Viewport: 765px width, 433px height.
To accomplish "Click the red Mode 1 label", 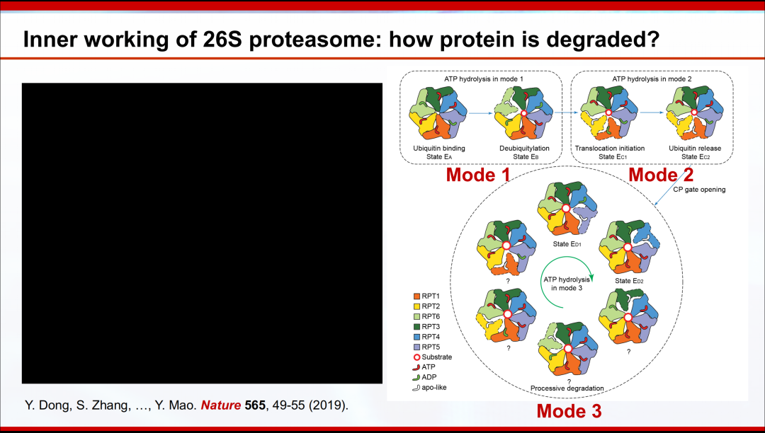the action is [478, 175].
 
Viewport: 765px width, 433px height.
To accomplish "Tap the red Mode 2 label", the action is [661, 175].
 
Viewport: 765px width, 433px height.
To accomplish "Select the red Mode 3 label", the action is [569, 411].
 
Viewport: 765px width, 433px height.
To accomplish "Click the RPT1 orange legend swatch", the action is [416, 296].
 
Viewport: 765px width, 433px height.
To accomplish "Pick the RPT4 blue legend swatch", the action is [416, 337].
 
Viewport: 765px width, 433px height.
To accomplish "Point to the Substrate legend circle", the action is [416, 357].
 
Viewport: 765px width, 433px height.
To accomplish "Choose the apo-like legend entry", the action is [429, 388].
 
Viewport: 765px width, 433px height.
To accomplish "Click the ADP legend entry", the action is [424, 378].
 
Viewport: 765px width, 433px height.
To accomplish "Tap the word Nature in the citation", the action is [221, 405].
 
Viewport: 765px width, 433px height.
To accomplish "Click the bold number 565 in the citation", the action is [255, 405].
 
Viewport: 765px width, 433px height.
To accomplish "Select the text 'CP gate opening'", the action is [699, 190].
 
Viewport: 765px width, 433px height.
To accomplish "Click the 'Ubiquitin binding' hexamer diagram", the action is [438, 113].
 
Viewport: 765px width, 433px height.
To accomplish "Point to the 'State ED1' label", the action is [567, 244].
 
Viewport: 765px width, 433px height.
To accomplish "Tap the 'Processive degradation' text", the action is [567, 388].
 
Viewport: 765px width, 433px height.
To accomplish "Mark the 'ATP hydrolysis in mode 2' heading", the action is [652, 79].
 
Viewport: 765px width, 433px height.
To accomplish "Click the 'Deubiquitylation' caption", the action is [524, 148].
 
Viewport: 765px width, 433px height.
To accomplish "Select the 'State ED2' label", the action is [630, 281].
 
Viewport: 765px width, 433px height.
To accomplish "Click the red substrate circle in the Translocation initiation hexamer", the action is [608, 112].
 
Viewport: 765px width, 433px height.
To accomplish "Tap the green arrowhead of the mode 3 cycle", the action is [591, 277].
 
